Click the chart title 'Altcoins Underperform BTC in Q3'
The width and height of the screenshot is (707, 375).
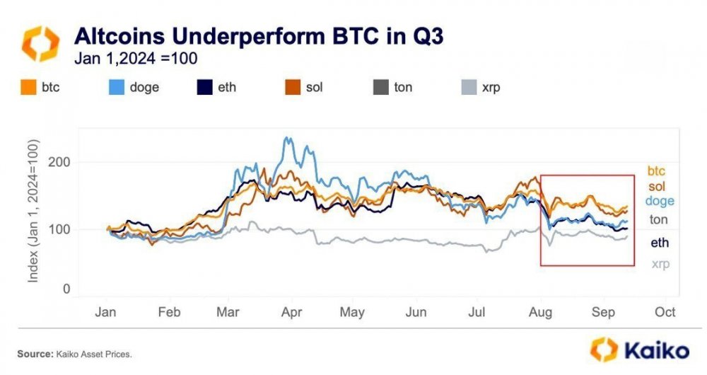pyautogui.click(x=259, y=36)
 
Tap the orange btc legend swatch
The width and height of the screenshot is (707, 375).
pyautogui.click(x=30, y=88)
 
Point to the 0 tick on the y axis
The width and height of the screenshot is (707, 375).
pyautogui.click(x=66, y=289)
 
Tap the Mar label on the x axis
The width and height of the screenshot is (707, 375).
pyautogui.click(x=228, y=312)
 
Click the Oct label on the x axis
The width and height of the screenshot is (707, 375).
pyautogui.click(x=665, y=312)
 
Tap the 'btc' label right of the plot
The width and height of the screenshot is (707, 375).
pyautogui.click(x=658, y=171)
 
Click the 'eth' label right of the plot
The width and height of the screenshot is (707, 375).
pyautogui.click(x=658, y=243)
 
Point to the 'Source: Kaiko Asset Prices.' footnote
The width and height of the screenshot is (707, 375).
pyautogui.click(x=74, y=352)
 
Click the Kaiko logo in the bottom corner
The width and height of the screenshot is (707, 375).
pyautogui.click(x=640, y=350)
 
